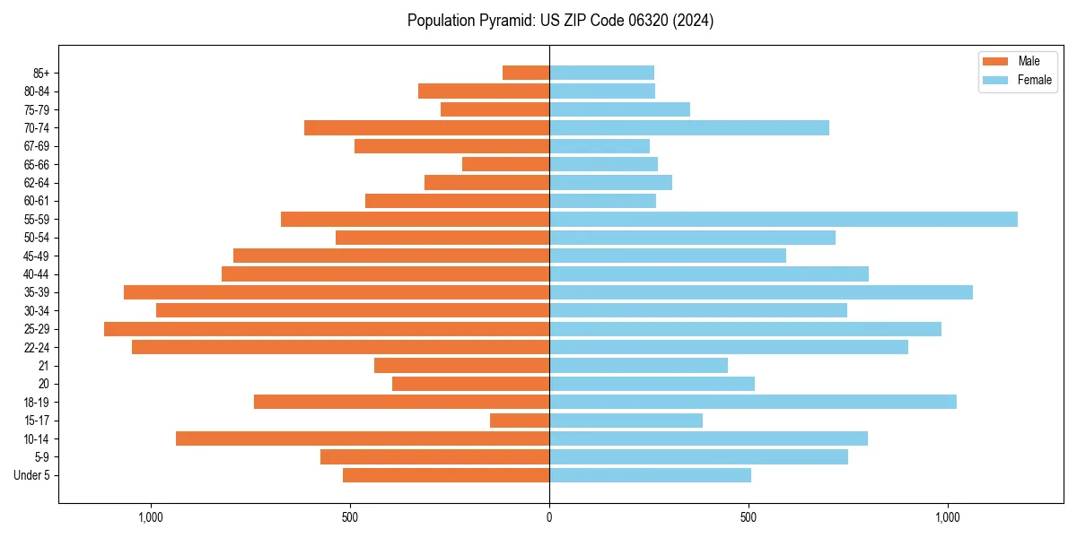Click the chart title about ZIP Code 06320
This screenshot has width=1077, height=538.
coord(560,21)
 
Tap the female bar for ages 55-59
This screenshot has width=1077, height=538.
coord(783,219)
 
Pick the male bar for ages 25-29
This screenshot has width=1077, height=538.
coord(327,329)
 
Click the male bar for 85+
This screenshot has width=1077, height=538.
coord(526,73)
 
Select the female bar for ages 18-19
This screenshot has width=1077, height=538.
coord(752,402)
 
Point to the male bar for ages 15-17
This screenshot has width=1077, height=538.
coord(520,421)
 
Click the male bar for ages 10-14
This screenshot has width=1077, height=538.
coord(363,438)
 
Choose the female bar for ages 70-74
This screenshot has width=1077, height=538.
coord(688,127)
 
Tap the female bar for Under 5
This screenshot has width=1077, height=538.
coord(650,475)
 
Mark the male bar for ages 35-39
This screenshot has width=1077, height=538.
coord(337,292)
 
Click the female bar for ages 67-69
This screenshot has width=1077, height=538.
coord(599,146)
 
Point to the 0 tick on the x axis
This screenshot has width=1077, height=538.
coord(549,517)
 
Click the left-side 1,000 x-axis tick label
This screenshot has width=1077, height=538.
coord(150,517)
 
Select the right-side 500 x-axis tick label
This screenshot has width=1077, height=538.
coord(748,517)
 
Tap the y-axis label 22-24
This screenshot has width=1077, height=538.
coord(37,347)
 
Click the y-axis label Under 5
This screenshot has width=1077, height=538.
coord(32,475)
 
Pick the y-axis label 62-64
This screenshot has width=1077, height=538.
coord(37,183)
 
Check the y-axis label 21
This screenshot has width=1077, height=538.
coord(44,366)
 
